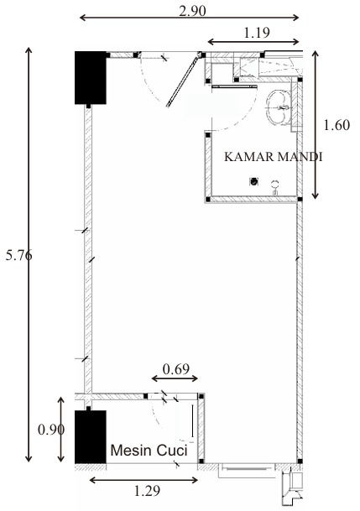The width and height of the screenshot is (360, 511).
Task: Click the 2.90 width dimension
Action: click(192, 11)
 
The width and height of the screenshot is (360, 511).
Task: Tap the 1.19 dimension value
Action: click(257, 33)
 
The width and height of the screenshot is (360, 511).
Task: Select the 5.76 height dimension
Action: click(19, 255)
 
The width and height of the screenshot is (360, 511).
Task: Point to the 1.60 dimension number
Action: click(337, 125)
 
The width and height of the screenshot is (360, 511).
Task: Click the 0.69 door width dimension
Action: click(176, 369)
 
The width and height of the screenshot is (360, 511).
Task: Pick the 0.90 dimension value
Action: click(51, 430)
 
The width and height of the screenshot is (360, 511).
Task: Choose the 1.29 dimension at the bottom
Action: click(147, 491)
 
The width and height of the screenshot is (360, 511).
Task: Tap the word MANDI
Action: click(300, 157)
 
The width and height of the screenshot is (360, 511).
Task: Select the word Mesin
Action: click(132, 451)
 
